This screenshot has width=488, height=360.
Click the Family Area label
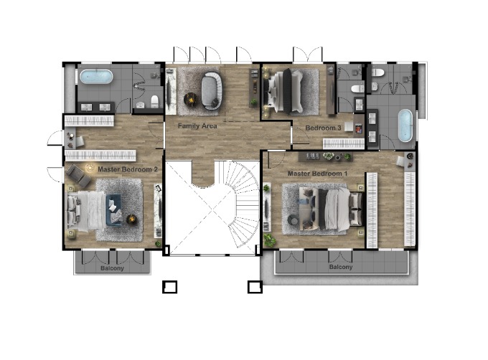click(x=197, y=126)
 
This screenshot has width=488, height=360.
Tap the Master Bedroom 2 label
click(x=128, y=169)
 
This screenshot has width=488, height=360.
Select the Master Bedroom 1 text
click(x=317, y=174)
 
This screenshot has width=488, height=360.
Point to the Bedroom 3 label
click(x=323, y=128)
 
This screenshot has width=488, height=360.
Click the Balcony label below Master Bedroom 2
click(x=112, y=268)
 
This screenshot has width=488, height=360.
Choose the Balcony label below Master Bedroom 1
click(x=341, y=267)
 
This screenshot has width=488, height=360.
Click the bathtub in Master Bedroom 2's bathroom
click(x=96, y=77)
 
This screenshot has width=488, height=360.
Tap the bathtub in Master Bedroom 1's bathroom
click(x=405, y=125)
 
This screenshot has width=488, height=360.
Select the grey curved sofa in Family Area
click(x=212, y=91)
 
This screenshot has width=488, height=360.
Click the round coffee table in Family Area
click(x=190, y=99)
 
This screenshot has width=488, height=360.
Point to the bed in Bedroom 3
click(x=283, y=91)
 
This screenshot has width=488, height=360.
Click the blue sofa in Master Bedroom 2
click(x=114, y=210)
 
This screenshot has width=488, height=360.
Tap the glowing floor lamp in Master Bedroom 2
click(x=90, y=168)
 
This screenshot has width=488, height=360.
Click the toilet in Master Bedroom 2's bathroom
click(x=155, y=101)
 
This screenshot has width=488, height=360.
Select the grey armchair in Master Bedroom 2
click(x=78, y=176)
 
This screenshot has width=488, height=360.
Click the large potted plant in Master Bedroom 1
click(x=270, y=240)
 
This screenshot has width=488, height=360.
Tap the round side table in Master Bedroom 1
click(x=294, y=220)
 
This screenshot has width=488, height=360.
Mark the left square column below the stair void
click(x=169, y=287)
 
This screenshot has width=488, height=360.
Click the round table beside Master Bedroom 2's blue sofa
click(x=132, y=219)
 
